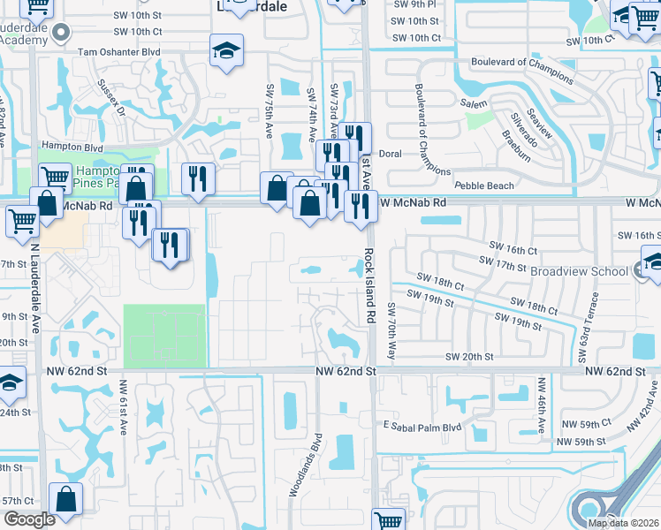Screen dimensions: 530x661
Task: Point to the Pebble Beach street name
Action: coord(484,185)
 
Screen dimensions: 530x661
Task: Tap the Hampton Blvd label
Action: coord(73,148)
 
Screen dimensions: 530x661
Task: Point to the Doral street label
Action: coord(390,154)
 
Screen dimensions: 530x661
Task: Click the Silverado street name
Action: coord(523,124)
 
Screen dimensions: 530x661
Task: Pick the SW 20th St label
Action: coord(469,356)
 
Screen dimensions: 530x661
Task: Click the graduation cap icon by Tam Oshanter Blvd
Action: coord(227,49)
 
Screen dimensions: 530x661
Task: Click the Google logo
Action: coord(29,519)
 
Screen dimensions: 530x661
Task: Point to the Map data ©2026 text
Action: coord(624,523)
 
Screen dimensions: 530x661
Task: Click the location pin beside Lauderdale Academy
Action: coord(61,34)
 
